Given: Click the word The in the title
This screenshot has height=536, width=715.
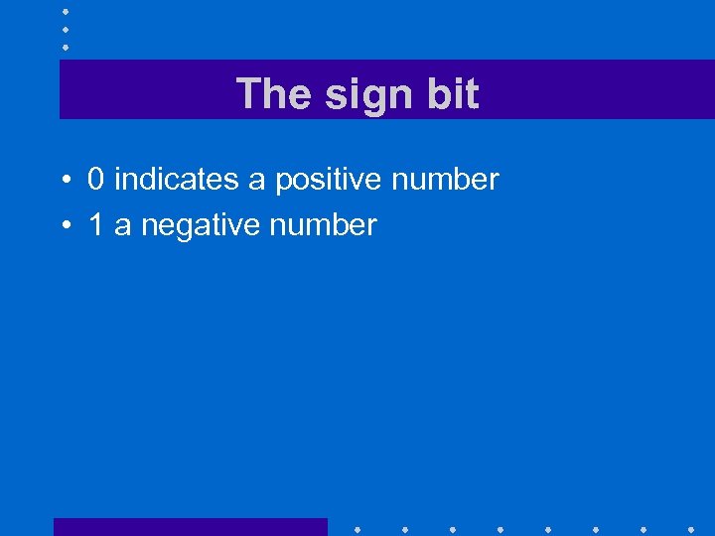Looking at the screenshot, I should coord(270,94).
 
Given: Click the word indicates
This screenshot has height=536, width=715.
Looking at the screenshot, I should coord(176,180).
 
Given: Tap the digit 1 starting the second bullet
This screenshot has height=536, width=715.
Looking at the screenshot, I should coord(96,225).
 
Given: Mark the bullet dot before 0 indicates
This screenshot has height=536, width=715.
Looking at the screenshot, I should coord(63,181).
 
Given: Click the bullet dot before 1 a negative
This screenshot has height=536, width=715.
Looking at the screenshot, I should coord(63,226).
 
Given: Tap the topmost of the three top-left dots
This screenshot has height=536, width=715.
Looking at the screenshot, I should coord(65,11).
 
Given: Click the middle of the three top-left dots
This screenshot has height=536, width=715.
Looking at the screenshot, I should coord(65,29).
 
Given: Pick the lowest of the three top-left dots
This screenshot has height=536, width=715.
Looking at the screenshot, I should coord(65,47).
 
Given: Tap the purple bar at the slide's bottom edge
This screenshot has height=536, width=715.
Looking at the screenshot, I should coord(190,527).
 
